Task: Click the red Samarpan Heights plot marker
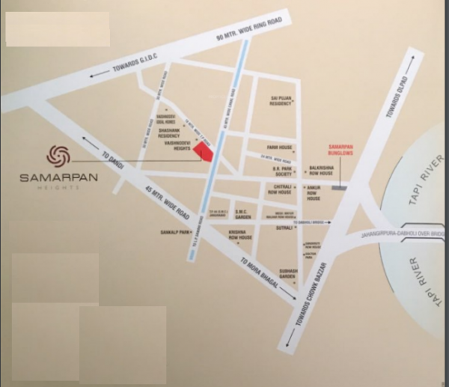203,151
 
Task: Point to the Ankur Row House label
314,193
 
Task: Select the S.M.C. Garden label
244,215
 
